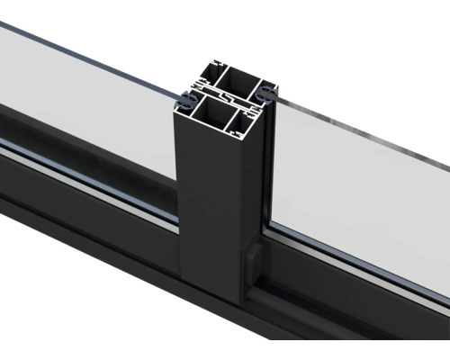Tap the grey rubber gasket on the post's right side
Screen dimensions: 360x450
(x=267, y=93)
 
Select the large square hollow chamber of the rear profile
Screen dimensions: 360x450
(x=236, y=82)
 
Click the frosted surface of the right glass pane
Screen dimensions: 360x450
(x=360, y=198)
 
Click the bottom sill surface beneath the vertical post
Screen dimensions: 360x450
(x=225, y=324)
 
